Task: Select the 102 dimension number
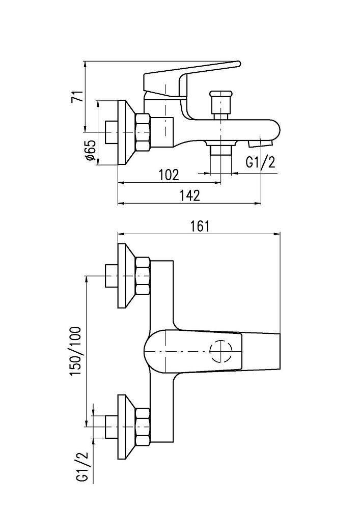click(169, 175)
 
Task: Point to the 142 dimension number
click(189, 195)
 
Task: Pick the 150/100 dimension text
click(77, 351)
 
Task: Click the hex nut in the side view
click(143, 132)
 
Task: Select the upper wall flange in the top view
click(125, 276)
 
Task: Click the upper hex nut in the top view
click(143, 276)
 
